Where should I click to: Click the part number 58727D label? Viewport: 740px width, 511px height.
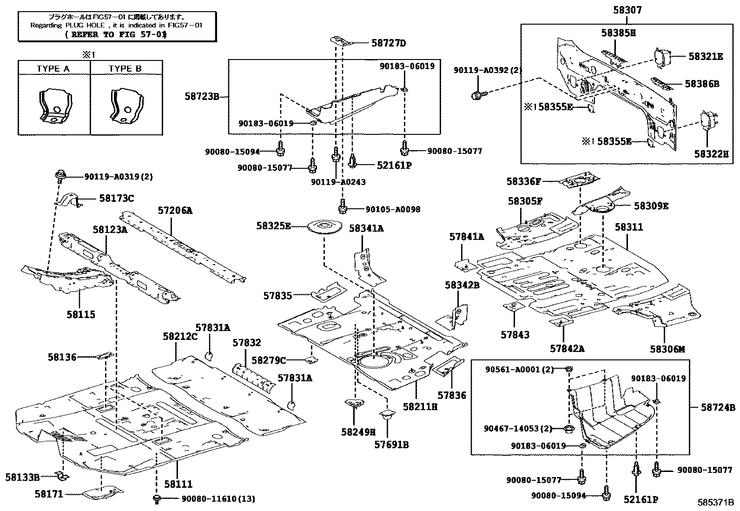(389, 43)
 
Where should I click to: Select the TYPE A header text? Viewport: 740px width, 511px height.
(53, 68)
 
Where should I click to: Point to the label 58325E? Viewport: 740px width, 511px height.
(273, 226)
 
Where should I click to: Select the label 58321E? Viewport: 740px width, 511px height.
(706, 56)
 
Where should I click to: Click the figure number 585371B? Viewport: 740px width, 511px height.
(715, 503)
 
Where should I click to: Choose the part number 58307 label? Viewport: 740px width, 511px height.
(628, 9)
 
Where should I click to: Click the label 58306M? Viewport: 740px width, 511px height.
(667, 349)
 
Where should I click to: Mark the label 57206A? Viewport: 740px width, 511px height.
(174, 210)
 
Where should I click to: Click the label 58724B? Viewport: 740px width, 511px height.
(718, 408)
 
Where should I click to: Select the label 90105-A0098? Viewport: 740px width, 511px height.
(393, 209)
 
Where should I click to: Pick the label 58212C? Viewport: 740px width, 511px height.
(180, 336)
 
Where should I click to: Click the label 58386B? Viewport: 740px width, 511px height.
(701, 84)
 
